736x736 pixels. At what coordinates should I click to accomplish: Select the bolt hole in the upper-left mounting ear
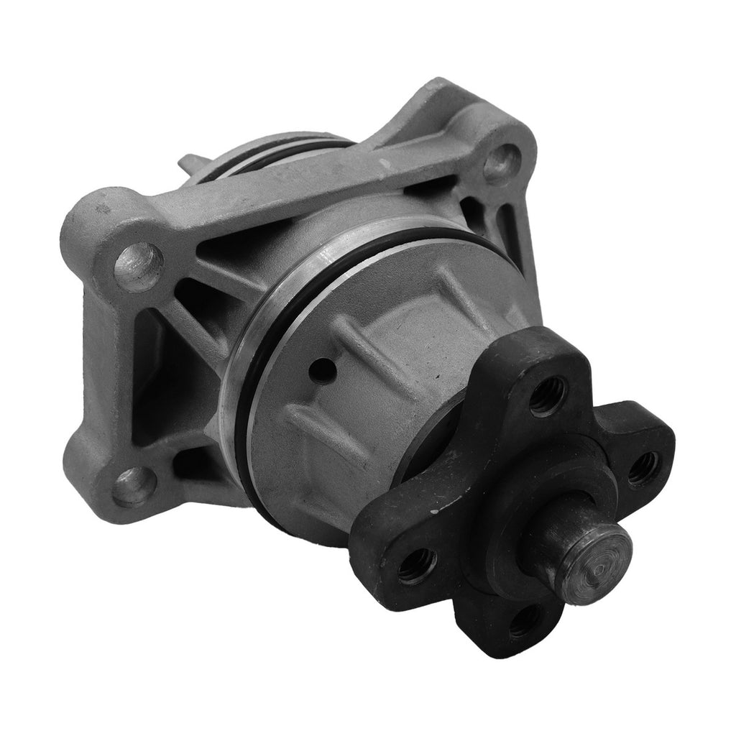tap(139, 266)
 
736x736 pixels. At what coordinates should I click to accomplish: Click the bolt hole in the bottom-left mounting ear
tap(134, 486)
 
